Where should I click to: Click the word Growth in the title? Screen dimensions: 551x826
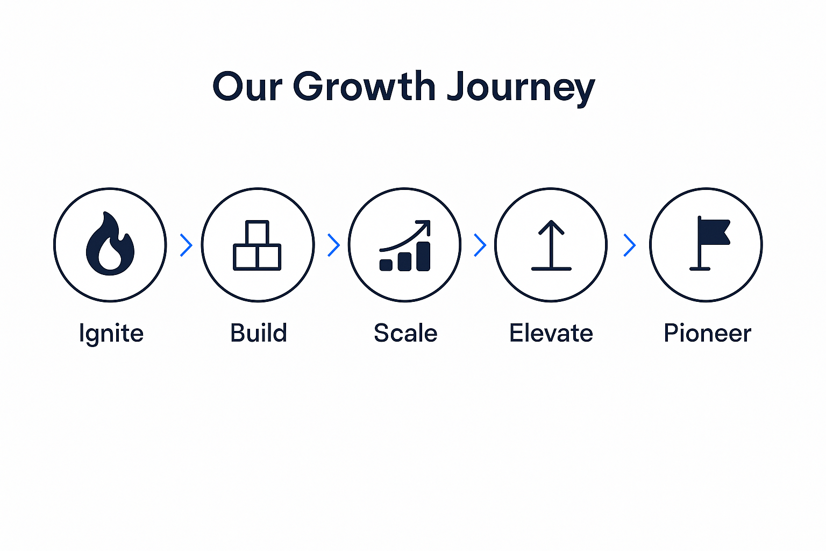click(364, 87)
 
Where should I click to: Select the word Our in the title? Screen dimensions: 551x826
click(247, 87)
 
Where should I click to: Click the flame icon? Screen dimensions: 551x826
click(110, 244)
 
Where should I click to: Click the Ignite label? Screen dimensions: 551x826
click(111, 334)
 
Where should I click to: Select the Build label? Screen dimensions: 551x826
click(259, 333)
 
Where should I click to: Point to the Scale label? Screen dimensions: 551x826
click(405, 333)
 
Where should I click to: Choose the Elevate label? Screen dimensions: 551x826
click(551, 333)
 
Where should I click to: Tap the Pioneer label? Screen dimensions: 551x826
click(707, 333)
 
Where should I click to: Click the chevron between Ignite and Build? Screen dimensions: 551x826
click(186, 245)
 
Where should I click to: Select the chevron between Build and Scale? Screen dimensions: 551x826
click(333, 245)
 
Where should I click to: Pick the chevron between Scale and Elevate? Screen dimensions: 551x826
click(480, 245)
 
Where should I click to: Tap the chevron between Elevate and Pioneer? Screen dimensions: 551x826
click(629, 245)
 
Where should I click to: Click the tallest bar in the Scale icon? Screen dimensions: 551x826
click(423, 256)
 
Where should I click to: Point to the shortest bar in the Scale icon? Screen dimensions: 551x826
click(386, 265)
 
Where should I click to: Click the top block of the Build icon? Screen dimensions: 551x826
click(257, 232)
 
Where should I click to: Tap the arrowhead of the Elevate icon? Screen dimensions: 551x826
click(551, 226)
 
